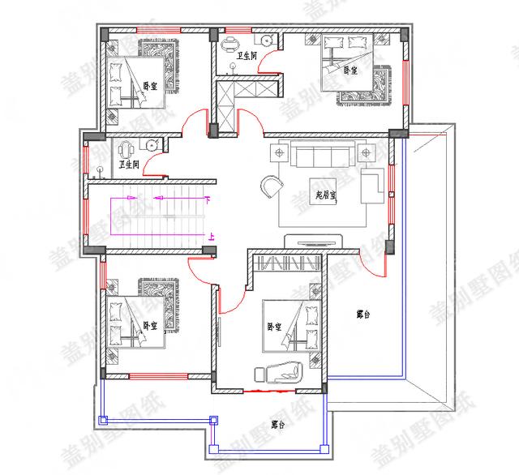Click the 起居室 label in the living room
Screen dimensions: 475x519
tap(326, 195)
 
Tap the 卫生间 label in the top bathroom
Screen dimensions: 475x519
tap(247, 56)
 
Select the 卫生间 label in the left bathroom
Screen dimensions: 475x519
tap(129, 165)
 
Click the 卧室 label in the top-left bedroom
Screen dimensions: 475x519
tap(151, 85)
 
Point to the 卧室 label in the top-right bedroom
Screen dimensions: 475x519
tap(350, 71)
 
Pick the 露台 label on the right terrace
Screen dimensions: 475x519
tap(363, 314)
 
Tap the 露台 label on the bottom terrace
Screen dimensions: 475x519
tap(278, 424)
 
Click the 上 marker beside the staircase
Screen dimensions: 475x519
tap(212, 237)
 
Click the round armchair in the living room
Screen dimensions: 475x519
tap(270, 186)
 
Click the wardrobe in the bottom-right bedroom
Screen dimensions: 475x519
tap(288, 264)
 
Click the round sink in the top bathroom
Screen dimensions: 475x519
tap(266, 39)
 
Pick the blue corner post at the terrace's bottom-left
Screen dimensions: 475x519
tap(102, 420)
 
